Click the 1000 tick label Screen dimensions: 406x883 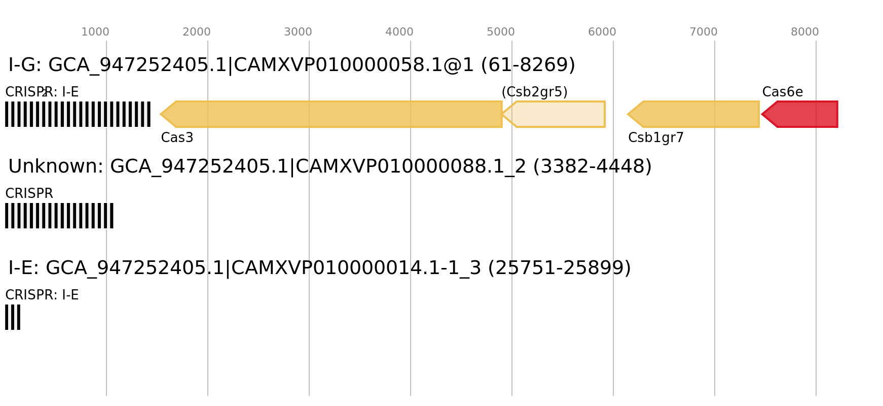(95, 32)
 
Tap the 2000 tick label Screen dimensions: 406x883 (196, 32)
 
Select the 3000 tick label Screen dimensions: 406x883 (298, 32)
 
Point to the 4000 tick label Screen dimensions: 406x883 (399, 32)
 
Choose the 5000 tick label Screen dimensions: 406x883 (500, 32)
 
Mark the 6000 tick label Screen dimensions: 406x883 (602, 32)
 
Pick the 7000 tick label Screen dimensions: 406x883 (703, 32)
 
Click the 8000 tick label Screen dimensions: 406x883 (804, 32)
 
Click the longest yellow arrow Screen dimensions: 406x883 (335, 114)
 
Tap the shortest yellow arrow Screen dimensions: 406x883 (558, 114)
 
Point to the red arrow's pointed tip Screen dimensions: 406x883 (762, 114)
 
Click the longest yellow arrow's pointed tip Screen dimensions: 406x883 (161, 114)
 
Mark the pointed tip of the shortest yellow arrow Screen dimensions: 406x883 (503, 114)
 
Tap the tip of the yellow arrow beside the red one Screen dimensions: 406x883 (628, 114)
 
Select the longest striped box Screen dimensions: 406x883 (78, 114)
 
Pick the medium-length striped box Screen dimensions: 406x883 (59, 216)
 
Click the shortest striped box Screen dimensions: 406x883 (13, 317)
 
